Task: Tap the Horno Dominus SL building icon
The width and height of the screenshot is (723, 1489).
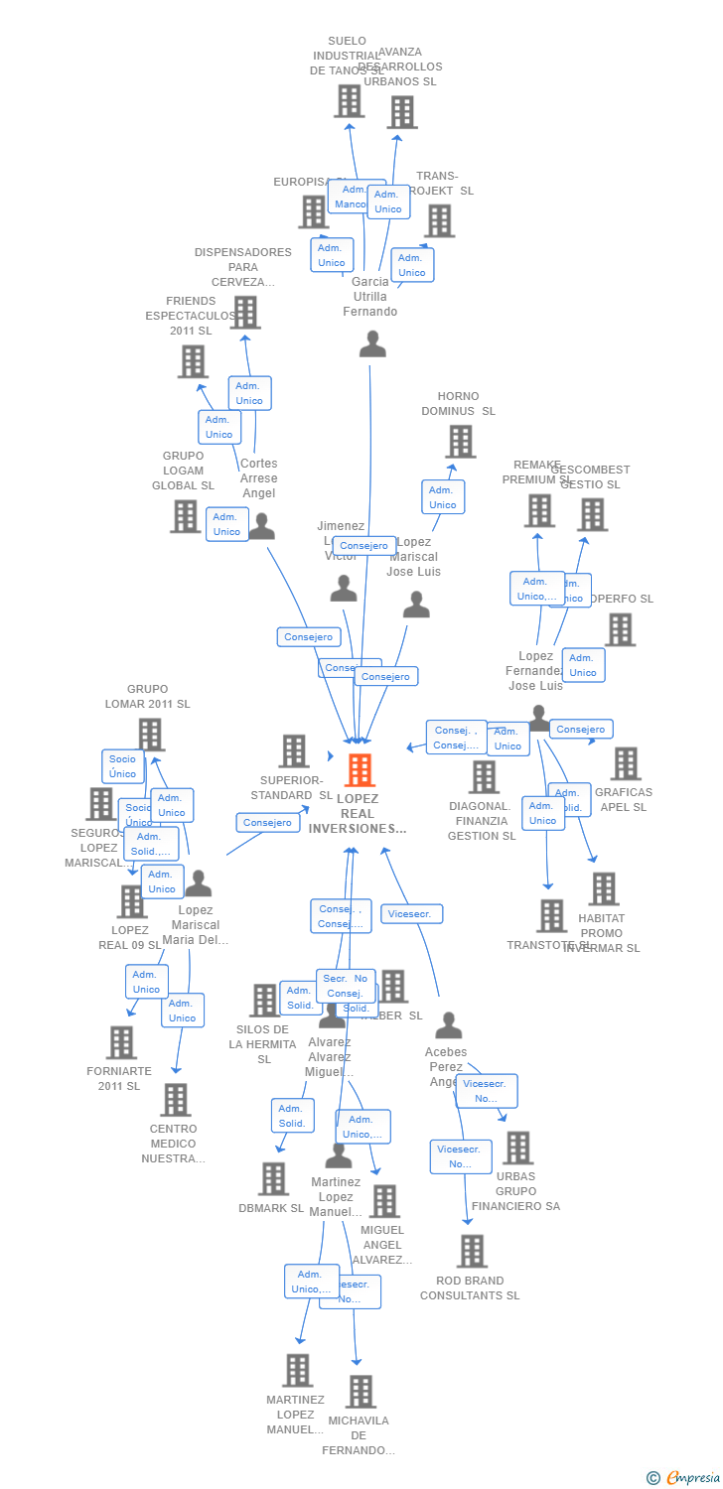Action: tap(460, 442)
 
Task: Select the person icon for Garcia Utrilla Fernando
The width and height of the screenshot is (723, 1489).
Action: tap(372, 343)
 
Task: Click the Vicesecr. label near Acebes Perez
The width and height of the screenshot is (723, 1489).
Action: tap(411, 914)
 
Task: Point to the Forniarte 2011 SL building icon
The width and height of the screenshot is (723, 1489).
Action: tap(122, 1042)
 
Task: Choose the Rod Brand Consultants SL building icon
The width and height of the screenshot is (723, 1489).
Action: tap(473, 1252)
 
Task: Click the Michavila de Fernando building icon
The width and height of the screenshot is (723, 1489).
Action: tap(361, 1392)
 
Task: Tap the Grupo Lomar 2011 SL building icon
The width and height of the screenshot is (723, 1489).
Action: tap(150, 735)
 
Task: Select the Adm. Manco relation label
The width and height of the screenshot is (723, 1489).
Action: tap(353, 197)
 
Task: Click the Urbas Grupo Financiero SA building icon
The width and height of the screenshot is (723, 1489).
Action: tap(516, 1148)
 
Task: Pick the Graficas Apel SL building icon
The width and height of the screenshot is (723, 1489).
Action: tap(626, 763)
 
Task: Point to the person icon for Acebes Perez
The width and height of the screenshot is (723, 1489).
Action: tap(449, 1025)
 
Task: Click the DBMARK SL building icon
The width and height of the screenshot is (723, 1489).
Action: tap(273, 1179)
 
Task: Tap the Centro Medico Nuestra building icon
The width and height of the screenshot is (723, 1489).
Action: tap(176, 1100)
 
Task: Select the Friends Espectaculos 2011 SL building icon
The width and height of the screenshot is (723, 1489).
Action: tap(193, 361)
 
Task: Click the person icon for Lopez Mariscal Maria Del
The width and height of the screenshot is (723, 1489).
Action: tap(199, 882)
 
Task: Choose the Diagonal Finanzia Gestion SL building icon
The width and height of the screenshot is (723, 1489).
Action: tap(484, 777)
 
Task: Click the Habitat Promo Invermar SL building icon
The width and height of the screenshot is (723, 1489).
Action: tap(604, 889)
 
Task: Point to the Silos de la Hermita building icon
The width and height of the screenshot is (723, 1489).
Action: tap(264, 1001)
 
